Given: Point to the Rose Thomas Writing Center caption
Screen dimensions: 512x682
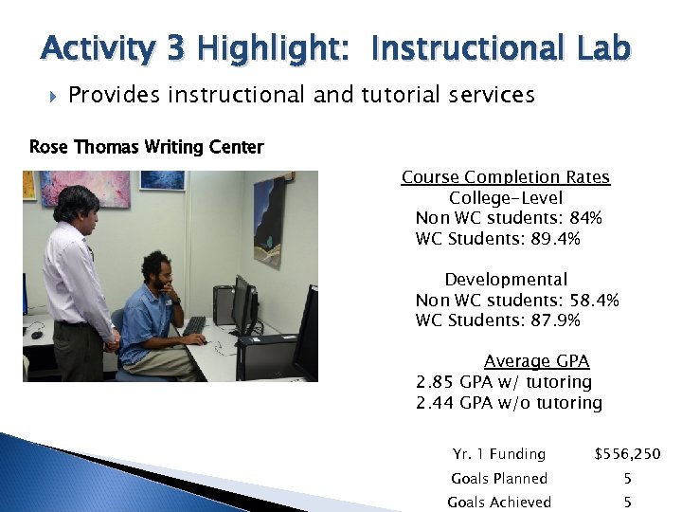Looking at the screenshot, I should [147, 147].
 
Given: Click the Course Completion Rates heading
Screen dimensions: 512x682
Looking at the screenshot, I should [505, 177].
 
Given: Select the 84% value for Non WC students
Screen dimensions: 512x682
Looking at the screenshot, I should [585, 218].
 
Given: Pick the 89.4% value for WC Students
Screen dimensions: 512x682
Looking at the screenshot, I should [554, 239].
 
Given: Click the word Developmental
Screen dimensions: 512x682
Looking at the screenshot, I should [506, 280].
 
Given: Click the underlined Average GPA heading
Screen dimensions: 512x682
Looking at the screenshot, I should [536, 361].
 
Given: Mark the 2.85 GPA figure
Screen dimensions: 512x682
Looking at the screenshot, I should [435, 382].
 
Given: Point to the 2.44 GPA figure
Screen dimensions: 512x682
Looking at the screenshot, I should [435, 403].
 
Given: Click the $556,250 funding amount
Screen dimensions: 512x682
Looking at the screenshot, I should [627, 454].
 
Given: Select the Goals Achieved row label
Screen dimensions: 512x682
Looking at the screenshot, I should [499, 503].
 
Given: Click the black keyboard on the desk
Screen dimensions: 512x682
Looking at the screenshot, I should [195, 324].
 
